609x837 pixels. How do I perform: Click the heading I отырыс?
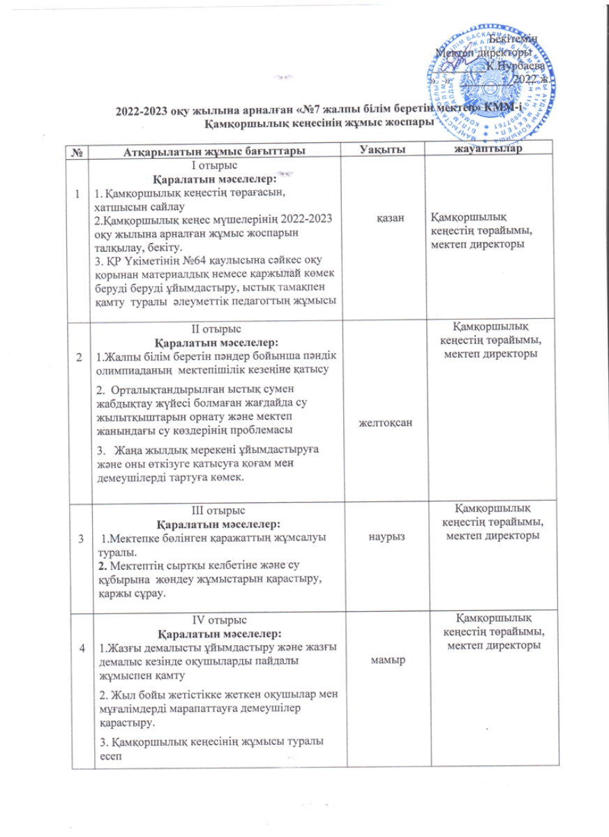coord(216,165)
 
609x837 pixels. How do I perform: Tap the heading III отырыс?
coord(216,511)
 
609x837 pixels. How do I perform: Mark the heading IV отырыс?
coord(216,621)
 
